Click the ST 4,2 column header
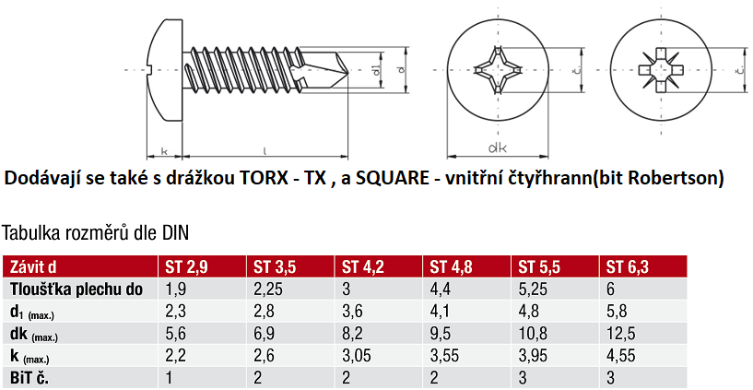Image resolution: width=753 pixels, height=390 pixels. pyautogui.click(x=362, y=266)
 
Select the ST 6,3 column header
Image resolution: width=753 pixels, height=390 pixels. pyautogui.click(x=627, y=266)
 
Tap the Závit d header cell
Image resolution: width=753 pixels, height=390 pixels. pyautogui.click(x=33, y=266)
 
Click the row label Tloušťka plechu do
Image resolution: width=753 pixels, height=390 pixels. pyautogui.click(x=76, y=290)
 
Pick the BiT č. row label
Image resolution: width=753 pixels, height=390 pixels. pyautogui.click(x=29, y=378)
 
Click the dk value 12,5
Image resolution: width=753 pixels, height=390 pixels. pyautogui.click(x=620, y=334)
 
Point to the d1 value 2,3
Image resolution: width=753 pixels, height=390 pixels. pyautogui.click(x=175, y=312)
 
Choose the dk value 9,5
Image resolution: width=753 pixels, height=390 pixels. pyautogui.click(x=441, y=334)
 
